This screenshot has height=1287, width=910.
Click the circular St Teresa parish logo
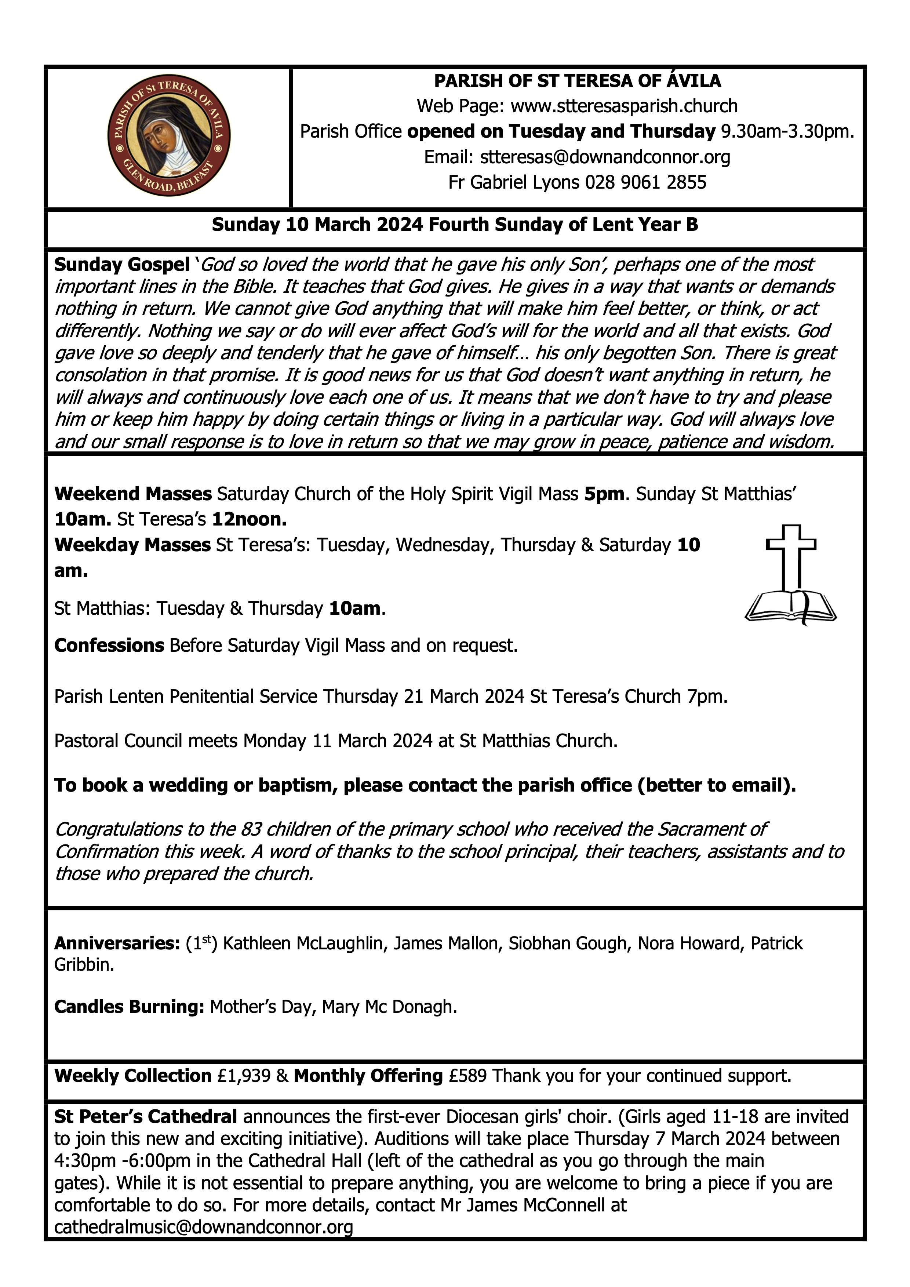pyautogui.click(x=169, y=137)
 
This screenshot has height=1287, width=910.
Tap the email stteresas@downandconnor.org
pyautogui.click(x=605, y=157)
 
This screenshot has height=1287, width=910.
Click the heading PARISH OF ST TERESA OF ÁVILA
pyautogui.click(x=577, y=81)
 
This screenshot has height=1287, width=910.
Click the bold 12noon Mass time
pyautogui.click(x=250, y=520)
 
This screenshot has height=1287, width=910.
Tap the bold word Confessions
pyautogui.click(x=109, y=646)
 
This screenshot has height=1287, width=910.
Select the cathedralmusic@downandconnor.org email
pyautogui.click(x=203, y=1227)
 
